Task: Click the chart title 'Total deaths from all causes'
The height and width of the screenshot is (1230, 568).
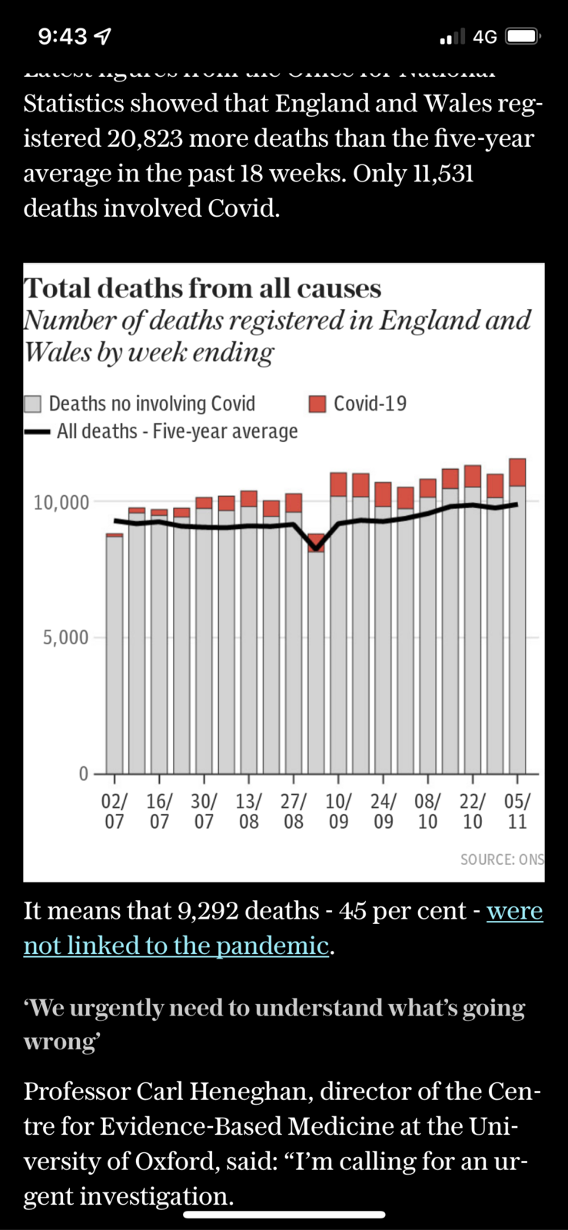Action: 202,288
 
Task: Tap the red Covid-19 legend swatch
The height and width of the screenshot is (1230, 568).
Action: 317,404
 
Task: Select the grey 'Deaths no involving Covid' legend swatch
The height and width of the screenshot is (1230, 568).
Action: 32,404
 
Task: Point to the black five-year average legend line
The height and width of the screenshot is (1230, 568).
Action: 37,432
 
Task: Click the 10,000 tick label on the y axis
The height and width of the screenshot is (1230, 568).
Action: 61,503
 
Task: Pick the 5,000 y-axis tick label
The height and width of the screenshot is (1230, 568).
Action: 65,637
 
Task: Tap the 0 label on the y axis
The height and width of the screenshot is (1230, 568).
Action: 84,773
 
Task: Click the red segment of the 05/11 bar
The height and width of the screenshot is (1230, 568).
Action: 517,472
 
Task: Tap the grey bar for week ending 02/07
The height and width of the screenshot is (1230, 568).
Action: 115,653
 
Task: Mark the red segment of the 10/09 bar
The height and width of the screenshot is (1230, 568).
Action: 338,484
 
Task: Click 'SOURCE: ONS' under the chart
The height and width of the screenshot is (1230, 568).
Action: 501,859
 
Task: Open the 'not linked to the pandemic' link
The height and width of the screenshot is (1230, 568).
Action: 177,946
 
